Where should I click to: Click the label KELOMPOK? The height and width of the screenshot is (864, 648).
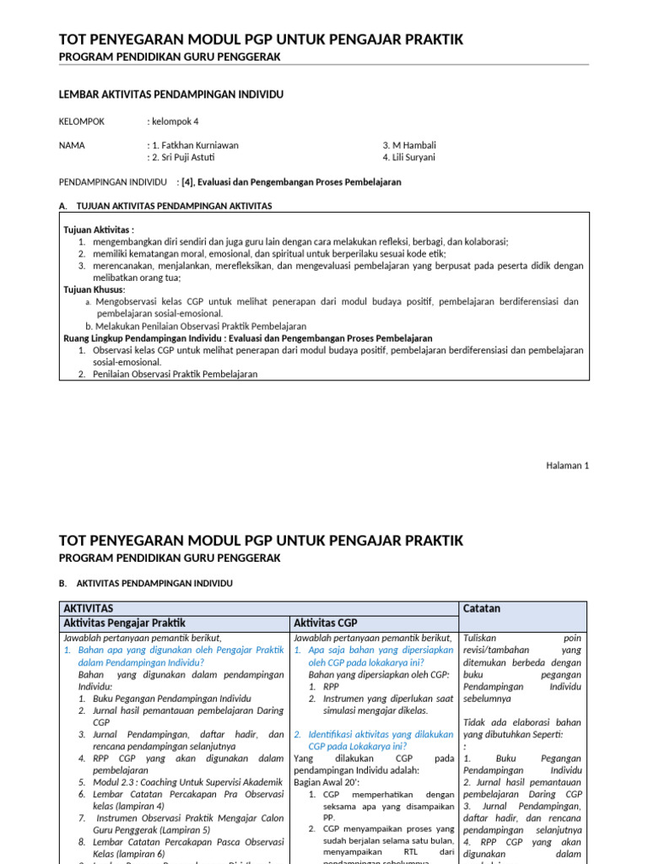click(x=82, y=121)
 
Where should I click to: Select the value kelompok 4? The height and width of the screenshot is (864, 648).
click(x=175, y=121)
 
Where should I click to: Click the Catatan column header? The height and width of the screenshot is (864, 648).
click(x=483, y=608)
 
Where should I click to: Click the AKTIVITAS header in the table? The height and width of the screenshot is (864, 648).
click(x=89, y=608)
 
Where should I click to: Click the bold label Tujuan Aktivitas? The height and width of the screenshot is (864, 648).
click(x=99, y=229)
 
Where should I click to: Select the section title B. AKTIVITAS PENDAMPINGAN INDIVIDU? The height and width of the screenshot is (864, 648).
click(x=145, y=583)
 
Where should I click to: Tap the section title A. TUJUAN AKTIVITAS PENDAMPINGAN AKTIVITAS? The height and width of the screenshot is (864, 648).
click(x=165, y=206)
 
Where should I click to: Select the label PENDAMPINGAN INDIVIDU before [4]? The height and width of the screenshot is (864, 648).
click(x=113, y=182)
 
